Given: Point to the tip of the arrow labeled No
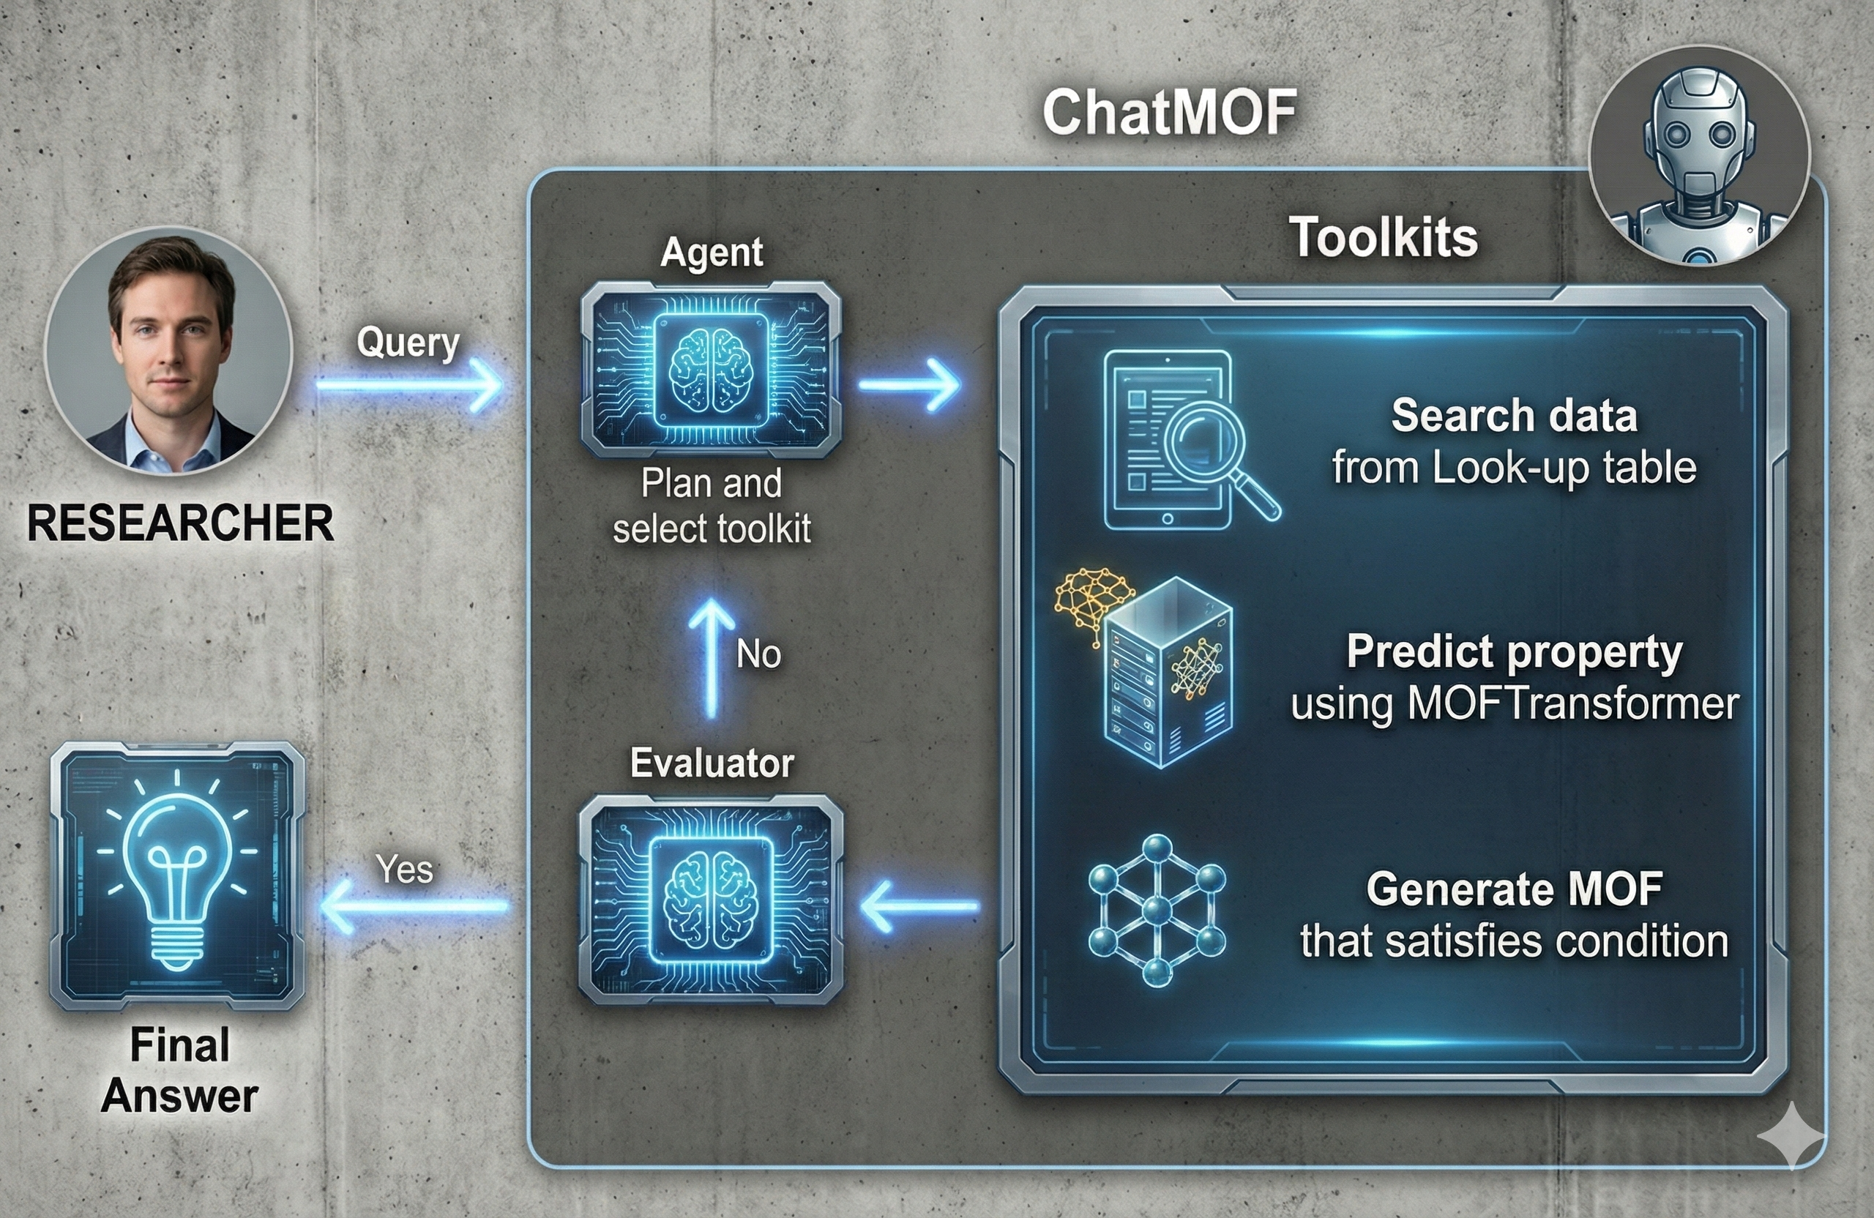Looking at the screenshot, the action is click(712, 600).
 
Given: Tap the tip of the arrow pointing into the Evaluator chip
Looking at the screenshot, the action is click(862, 906).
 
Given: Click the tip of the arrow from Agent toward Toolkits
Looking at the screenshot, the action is click(960, 385).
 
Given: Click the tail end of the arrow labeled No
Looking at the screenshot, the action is click(712, 717).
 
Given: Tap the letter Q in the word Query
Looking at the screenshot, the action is click(370, 343).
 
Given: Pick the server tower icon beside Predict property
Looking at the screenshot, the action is click(1168, 672).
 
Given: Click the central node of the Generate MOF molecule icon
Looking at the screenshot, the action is click(1157, 911).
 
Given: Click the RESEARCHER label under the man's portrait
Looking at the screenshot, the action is click(180, 523).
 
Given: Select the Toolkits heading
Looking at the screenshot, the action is click(1384, 237).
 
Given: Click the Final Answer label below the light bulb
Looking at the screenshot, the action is click(180, 1070).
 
